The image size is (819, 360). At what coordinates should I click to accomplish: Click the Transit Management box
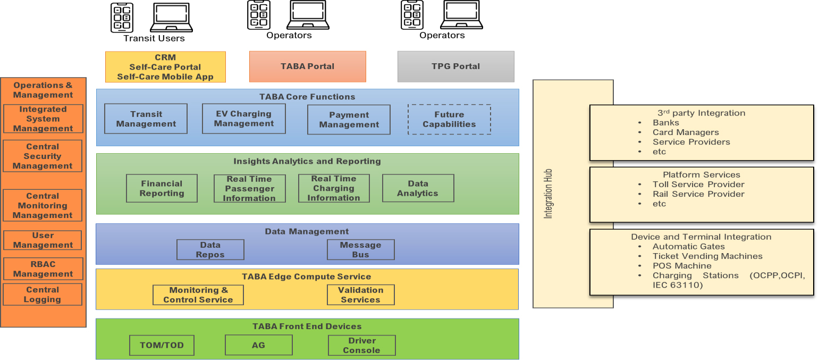pyautogui.click(x=146, y=119)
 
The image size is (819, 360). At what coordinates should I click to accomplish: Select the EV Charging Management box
pyautogui.click(x=243, y=119)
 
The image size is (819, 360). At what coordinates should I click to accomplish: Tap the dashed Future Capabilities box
pyautogui.click(x=449, y=119)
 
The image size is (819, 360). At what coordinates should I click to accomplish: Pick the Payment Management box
pyautogui.click(x=349, y=120)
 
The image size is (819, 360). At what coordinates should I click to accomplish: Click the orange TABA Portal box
pyautogui.click(x=307, y=66)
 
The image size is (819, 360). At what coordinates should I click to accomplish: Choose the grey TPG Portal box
pyautogui.click(x=455, y=66)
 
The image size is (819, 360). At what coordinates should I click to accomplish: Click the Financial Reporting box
pyautogui.click(x=162, y=188)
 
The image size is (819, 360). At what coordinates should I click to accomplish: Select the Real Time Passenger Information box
pyautogui.click(x=249, y=189)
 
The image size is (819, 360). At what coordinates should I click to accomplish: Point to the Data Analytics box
pyautogui.click(x=418, y=188)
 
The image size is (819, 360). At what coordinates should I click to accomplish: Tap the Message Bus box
pyautogui.click(x=360, y=250)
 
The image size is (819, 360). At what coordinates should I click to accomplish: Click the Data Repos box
pyautogui.click(x=210, y=250)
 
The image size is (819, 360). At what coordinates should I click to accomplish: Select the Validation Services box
pyautogui.click(x=360, y=295)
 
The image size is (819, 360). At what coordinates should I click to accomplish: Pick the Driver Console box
pyautogui.click(x=361, y=345)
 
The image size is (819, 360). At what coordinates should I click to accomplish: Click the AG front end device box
pyautogui.click(x=258, y=345)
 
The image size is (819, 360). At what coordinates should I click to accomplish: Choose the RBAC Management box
pyautogui.click(x=43, y=269)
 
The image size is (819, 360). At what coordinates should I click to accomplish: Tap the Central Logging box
pyautogui.click(x=43, y=295)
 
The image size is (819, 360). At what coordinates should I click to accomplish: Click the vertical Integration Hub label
pyautogui.click(x=548, y=194)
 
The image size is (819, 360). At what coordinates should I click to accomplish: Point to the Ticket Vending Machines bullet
pyautogui.click(x=707, y=256)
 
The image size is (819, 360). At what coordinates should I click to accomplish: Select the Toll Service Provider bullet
pyautogui.click(x=698, y=185)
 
